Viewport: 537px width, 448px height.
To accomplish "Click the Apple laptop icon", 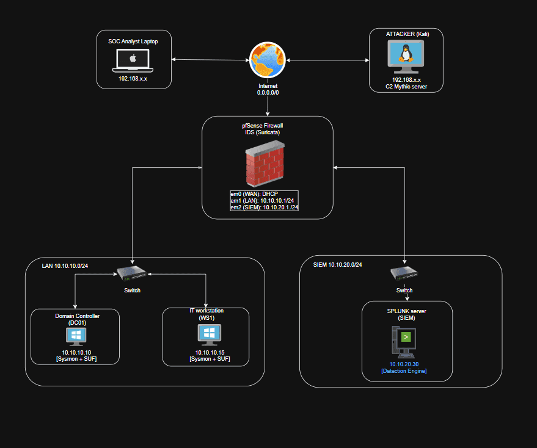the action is coord(133,60).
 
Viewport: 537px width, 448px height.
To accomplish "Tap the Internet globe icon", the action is coord(268,60).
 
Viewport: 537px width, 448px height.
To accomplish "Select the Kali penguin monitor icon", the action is coord(406,57).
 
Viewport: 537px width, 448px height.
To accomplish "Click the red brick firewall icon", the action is coord(265,164).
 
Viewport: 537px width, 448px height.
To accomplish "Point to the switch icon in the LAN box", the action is coord(132,273).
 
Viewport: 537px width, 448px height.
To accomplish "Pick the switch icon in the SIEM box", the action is coord(404,273).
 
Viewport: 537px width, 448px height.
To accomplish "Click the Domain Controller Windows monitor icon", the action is coord(76,337).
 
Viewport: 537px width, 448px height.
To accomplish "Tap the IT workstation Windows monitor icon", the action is coord(210,334).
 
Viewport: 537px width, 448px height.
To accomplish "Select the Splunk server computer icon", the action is coord(404,342).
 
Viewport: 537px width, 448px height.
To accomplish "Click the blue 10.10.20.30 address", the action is coord(404,364).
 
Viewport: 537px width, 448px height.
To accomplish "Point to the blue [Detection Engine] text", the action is coord(404,371).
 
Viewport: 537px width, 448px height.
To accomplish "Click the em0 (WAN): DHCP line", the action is coord(254,194).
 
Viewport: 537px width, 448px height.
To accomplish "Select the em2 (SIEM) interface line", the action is coord(265,208).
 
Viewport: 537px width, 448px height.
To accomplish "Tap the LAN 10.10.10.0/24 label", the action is coord(65,266).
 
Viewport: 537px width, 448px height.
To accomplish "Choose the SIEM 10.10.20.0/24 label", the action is coord(337,264).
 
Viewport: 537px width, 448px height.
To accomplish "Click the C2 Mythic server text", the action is coord(406,87).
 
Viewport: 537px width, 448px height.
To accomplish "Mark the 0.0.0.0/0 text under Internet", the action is coord(268,93).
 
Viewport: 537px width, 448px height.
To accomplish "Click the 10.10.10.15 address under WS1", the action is coord(210,353).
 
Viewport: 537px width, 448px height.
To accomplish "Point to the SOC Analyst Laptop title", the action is coord(133,42).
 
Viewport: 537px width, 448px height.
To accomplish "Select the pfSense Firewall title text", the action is coord(262,126).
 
